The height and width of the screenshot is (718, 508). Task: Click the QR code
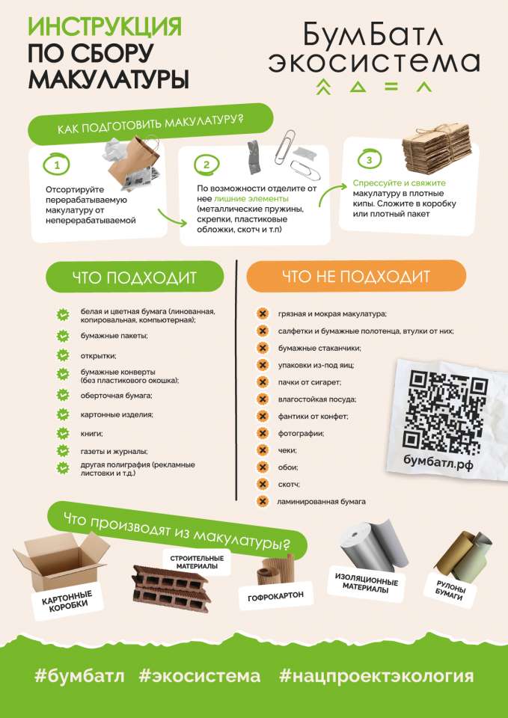click(448, 409)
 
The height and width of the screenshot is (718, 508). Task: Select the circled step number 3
click(369, 160)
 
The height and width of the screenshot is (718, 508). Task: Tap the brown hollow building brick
click(171, 589)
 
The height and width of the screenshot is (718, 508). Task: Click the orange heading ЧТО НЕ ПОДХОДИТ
click(356, 276)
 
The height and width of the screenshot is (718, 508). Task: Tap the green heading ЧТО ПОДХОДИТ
click(135, 277)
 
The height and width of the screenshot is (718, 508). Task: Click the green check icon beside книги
click(62, 433)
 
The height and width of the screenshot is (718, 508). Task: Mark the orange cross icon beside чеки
click(263, 450)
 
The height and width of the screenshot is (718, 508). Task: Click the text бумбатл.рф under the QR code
click(438, 461)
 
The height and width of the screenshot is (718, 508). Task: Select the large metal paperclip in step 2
click(285, 147)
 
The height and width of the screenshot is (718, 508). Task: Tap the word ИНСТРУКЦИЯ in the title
click(105, 26)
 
